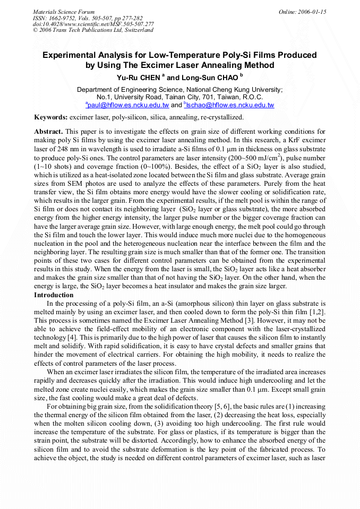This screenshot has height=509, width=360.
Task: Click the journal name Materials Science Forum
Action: tap(64, 12)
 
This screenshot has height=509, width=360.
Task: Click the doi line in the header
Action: tap(93, 24)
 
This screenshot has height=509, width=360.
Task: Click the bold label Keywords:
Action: tap(51, 117)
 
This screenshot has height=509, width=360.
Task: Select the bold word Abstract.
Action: tap(49, 131)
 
